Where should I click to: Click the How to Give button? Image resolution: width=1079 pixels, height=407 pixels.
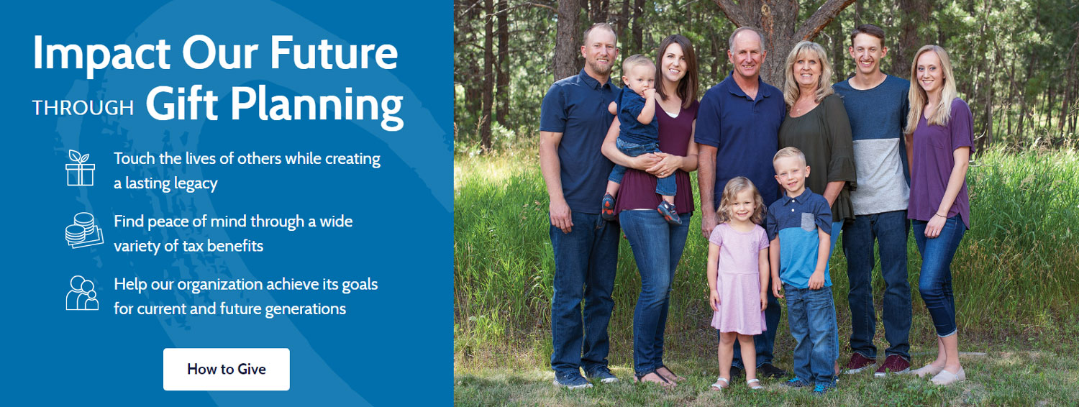click(x=226, y=370)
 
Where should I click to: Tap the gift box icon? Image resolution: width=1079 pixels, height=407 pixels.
click(x=81, y=168)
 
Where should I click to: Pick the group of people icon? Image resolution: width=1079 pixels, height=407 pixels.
click(x=82, y=293)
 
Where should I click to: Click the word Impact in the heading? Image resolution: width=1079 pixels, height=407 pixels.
click(x=101, y=54)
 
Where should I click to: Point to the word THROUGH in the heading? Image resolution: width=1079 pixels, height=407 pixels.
click(x=83, y=109)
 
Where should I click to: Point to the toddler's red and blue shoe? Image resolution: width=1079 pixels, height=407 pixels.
click(x=669, y=212)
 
